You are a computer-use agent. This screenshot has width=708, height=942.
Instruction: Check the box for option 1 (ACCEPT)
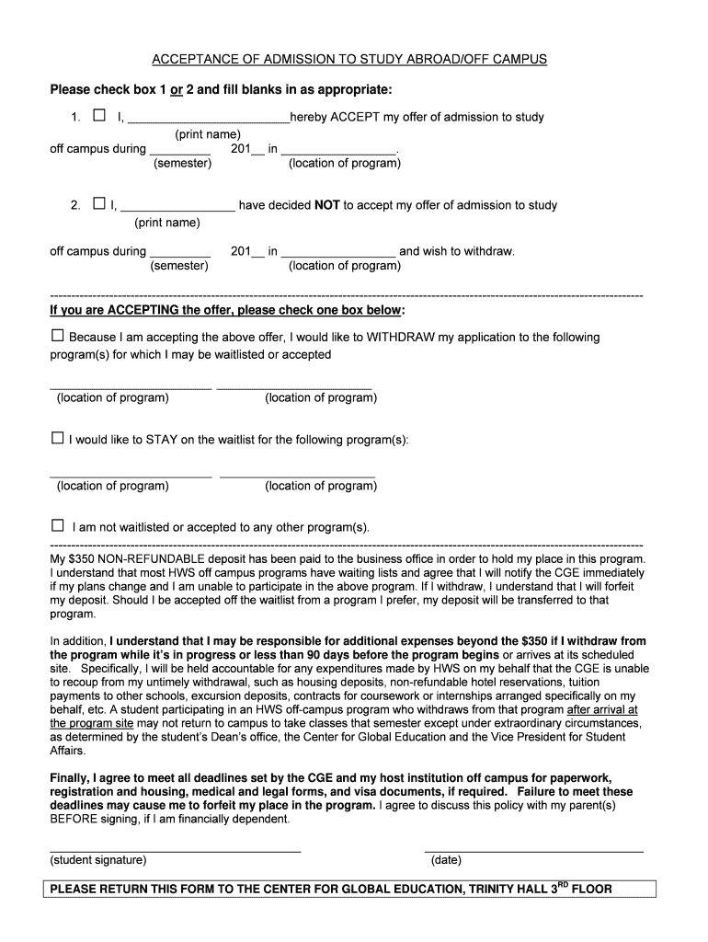[x=99, y=116]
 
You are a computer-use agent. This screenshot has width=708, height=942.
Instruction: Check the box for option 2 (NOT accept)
[x=99, y=204]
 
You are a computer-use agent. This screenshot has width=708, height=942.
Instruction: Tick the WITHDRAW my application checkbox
[x=58, y=336]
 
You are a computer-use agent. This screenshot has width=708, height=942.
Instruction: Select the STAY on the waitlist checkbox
[x=58, y=439]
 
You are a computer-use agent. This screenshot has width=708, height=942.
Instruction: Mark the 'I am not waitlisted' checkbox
[x=58, y=526]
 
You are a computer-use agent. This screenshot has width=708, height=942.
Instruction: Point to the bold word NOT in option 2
[x=327, y=205]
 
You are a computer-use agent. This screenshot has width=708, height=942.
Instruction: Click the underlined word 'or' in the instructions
[x=172, y=89]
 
